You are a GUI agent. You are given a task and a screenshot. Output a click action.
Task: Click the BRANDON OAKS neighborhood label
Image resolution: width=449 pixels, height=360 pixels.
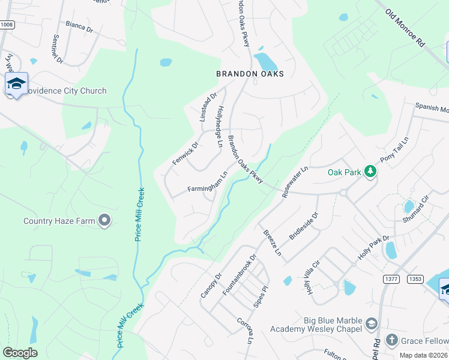(x=250, y=74)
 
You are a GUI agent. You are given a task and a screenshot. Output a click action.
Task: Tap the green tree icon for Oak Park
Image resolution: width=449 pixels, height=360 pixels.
(x=371, y=172)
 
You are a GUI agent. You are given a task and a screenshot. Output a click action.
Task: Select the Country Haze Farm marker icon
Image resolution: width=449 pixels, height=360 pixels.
(x=105, y=221)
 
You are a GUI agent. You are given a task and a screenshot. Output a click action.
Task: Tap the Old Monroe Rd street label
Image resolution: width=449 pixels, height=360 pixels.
(x=405, y=28)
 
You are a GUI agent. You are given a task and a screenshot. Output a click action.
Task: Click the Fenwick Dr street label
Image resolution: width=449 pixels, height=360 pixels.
(x=185, y=154)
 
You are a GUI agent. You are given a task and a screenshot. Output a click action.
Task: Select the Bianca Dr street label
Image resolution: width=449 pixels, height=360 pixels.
(x=79, y=29)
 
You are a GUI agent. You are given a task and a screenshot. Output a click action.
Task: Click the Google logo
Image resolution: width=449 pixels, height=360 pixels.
(x=20, y=353)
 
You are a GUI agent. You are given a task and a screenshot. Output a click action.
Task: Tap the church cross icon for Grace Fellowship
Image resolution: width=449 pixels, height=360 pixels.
(x=391, y=341)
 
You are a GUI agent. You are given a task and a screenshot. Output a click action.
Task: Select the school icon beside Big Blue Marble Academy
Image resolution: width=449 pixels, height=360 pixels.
(x=372, y=323)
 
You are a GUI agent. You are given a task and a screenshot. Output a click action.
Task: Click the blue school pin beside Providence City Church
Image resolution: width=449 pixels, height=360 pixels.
(x=16, y=84)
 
